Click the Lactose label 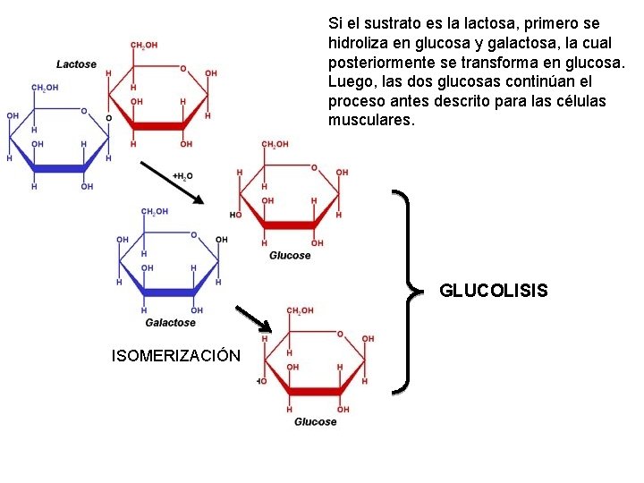point(76,64)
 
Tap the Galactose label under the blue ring point(170,322)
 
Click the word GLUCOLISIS point(494,291)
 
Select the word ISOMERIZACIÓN point(175,356)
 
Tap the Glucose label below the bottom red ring point(315,421)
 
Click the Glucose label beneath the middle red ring point(290,255)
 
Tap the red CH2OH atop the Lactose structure point(145,46)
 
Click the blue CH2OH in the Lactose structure point(45,88)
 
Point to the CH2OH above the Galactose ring point(156,211)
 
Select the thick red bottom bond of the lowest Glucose point(316,391)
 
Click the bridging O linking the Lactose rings point(109,118)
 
